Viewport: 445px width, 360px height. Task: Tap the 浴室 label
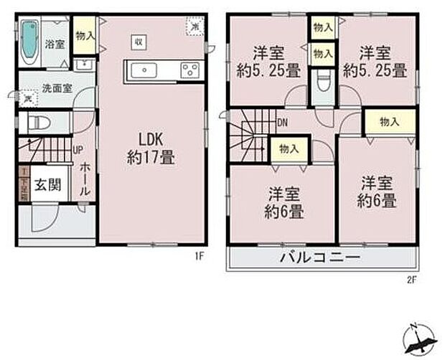pos(55,44)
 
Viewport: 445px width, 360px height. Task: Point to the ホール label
pos(84,179)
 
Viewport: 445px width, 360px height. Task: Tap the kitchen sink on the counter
pos(145,70)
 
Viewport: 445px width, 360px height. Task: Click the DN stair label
pos(283,123)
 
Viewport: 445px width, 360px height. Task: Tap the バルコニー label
pos(320,258)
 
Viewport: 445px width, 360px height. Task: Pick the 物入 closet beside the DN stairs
pos(289,149)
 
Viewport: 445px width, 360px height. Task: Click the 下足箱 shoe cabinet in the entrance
pos(24,184)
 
